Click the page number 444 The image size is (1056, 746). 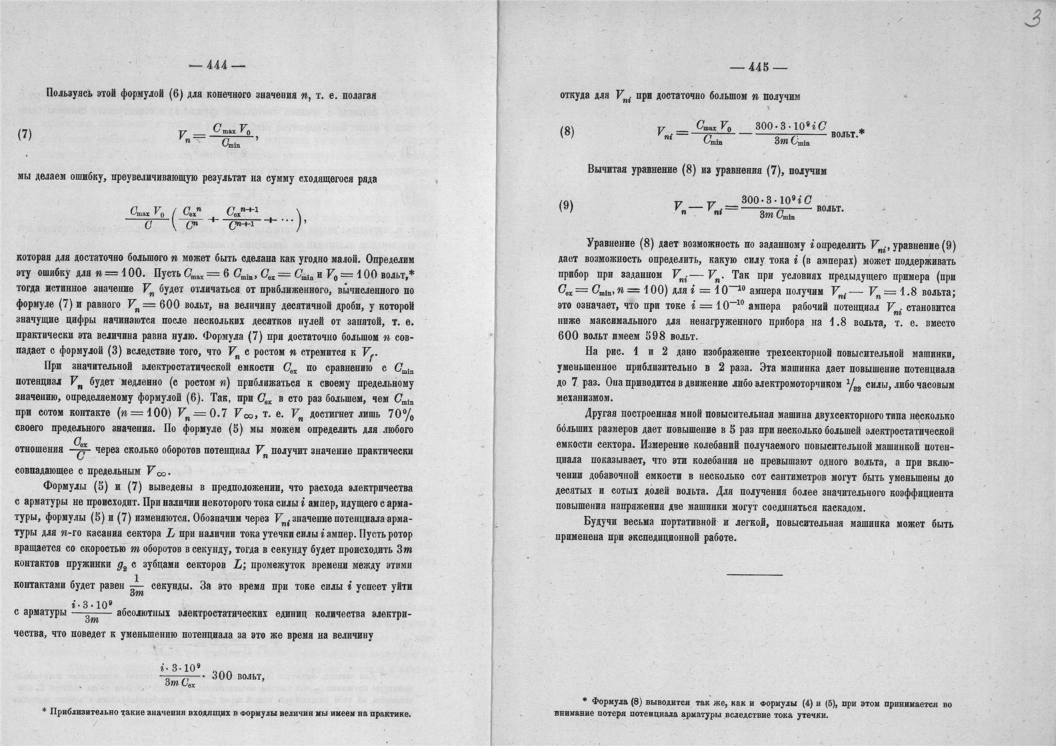(217, 65)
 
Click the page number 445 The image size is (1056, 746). (759, 67)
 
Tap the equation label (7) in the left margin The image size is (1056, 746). (24, 133)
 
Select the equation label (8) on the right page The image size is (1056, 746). (567, 131)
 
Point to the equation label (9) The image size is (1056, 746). (566, 206)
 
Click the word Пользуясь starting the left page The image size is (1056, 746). (72, 95)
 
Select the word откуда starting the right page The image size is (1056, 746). (576, 96)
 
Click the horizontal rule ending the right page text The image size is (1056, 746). (754, 575)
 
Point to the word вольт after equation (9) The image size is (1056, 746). (829, 209)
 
